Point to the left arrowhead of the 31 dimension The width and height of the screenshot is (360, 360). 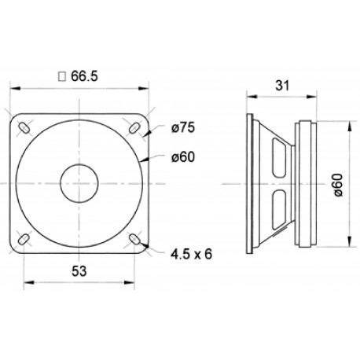[x=248, y=97]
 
